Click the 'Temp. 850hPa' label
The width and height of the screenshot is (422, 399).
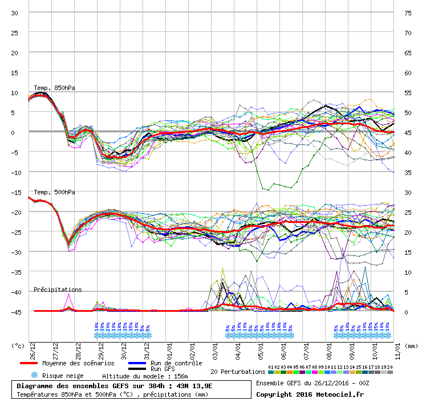tap(54, 88)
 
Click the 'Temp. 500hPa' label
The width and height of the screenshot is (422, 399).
tap(54, 192)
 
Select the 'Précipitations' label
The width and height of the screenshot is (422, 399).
tap(58, 290)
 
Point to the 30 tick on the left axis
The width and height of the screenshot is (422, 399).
tap(15, 13)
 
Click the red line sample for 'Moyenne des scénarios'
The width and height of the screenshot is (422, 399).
tap(29, 363)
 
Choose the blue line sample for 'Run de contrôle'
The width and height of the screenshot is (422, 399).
tap(138, 363)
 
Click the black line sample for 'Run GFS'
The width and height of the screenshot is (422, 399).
tap(138, 369)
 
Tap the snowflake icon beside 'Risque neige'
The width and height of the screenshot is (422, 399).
tap(34, 376)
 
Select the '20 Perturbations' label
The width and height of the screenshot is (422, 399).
tap(238, 372)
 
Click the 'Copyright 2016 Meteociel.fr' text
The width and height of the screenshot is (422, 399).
tap(310, 394)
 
